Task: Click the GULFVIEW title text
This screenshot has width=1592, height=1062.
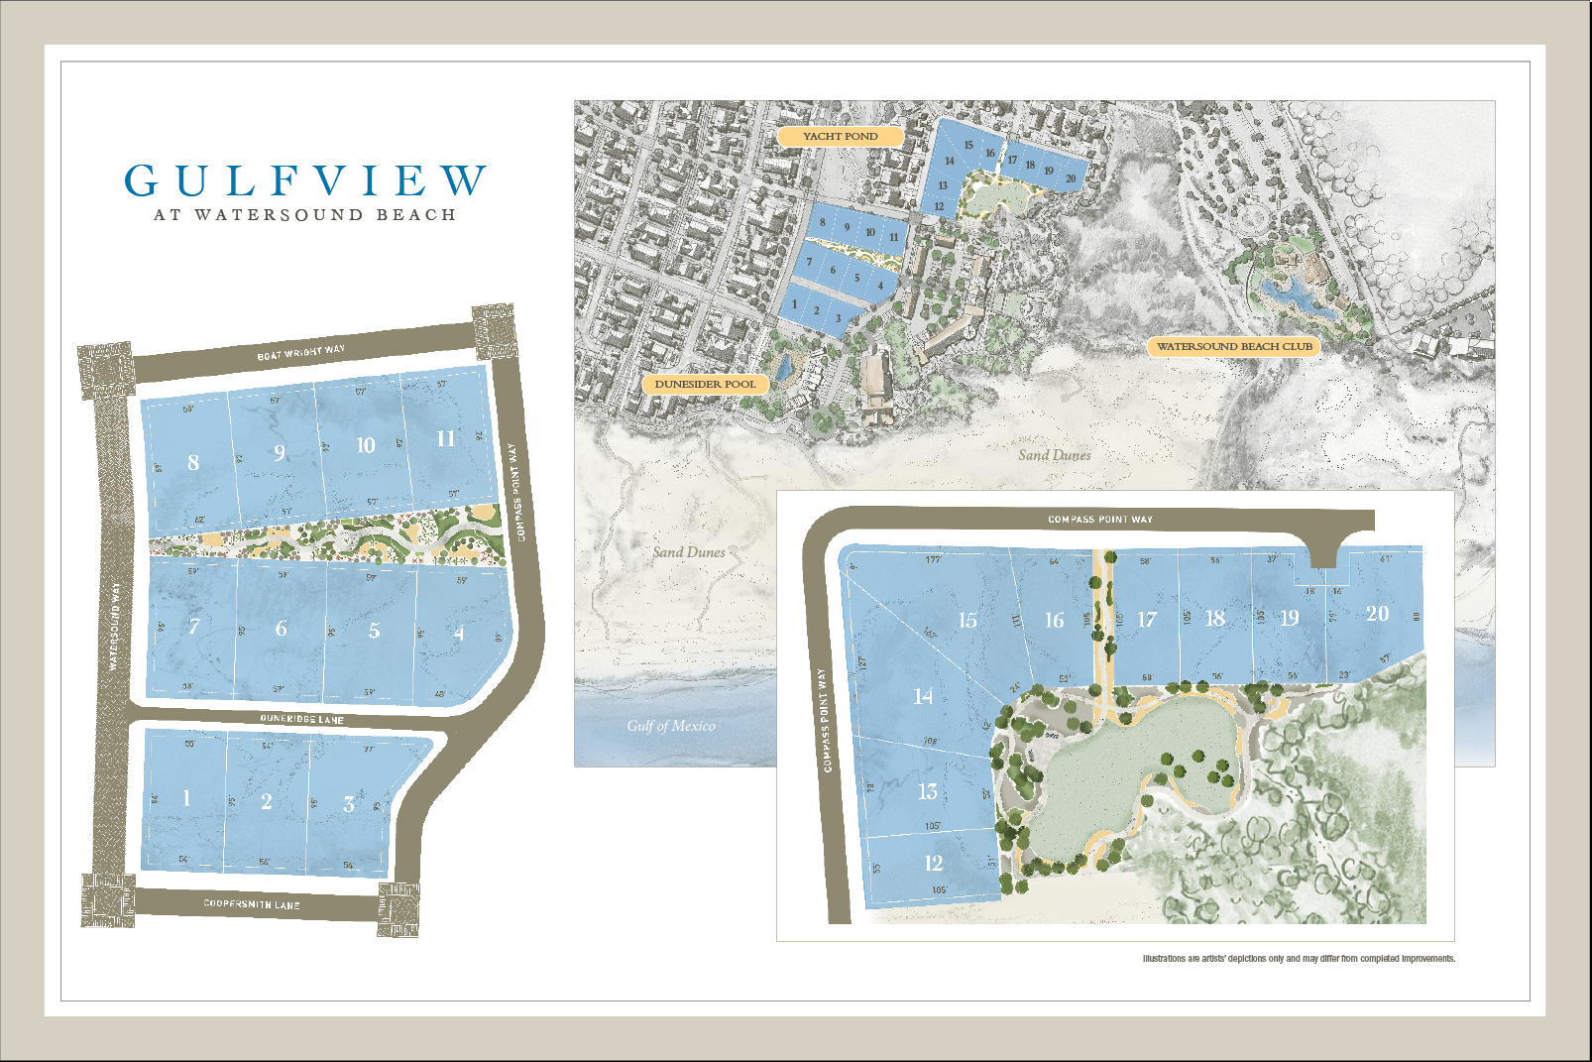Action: point(305,181)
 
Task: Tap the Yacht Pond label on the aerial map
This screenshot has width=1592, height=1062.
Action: point(840,136)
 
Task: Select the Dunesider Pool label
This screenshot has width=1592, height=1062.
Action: point(705,384)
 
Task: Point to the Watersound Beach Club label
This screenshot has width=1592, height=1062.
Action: point(1234,346)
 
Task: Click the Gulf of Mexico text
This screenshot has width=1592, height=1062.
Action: point(670,726)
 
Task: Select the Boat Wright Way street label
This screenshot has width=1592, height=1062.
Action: point(301,352)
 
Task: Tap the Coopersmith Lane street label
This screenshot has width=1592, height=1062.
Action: point(252,904)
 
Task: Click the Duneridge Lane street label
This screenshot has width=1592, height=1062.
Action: point(301,719)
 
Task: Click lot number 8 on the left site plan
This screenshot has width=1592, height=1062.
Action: point(193,462)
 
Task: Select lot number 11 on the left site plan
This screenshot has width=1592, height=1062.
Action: point(446,438)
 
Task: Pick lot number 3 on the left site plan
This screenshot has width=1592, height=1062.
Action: point(349,804)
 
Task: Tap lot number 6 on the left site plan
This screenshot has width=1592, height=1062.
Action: point(282,629)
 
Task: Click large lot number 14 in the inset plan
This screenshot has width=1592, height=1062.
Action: point(923,696)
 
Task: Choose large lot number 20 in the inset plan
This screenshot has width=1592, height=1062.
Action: point(1377,614)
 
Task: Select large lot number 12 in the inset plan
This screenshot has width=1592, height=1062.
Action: point(934,863)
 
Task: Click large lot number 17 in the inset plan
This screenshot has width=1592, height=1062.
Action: point(1147,620)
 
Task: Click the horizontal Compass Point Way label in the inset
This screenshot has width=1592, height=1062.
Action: point(1100,519)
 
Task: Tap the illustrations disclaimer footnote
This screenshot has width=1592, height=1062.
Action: point(1299,959)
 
